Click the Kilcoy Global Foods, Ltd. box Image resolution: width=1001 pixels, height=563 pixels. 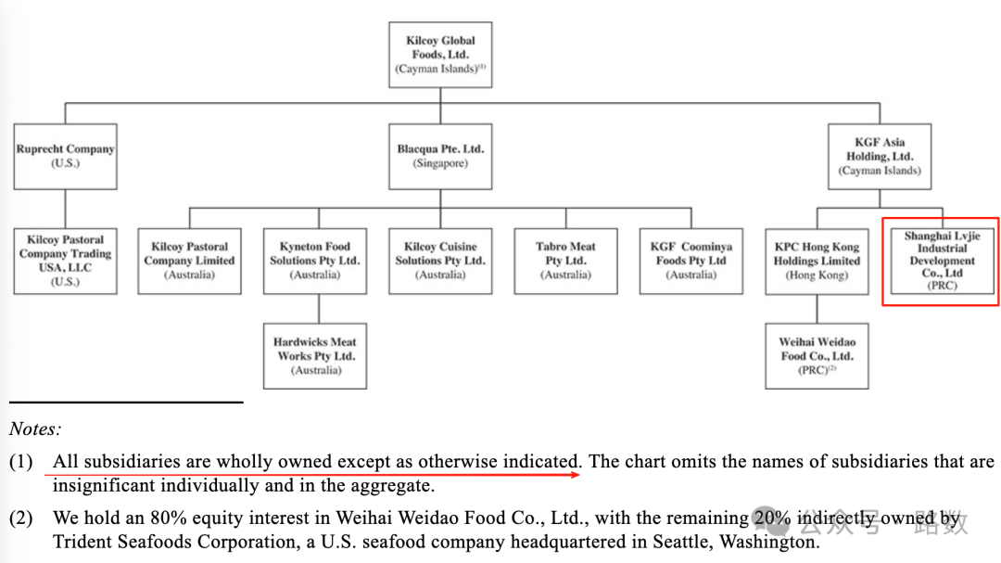[440, 55]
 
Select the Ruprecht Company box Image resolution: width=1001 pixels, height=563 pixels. [65, 156]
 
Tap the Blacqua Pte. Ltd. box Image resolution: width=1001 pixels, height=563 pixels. [440, 156]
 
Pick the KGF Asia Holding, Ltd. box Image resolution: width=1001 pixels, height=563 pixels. [880, 156]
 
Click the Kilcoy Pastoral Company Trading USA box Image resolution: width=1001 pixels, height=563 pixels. [65, 261]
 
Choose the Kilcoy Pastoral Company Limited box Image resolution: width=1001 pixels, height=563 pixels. [189, 261]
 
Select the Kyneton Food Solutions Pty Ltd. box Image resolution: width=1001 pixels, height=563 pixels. [314, 261]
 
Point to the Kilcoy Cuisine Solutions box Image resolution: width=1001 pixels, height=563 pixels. [440, 261]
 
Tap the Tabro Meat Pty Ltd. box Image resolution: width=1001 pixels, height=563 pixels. [565, 261]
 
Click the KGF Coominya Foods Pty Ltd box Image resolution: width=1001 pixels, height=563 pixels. [691, 261]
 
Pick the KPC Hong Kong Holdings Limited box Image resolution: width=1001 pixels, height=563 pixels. [817, 261]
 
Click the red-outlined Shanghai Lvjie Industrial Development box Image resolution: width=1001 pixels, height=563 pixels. [942, 261]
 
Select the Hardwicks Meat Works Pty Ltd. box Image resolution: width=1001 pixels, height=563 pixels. [314, 355]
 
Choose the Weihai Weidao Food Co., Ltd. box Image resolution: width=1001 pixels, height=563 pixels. [817, 355]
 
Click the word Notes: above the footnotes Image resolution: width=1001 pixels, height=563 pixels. [35, 429]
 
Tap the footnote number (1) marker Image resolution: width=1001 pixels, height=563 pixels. [21, 461]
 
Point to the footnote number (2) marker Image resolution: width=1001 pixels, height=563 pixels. [21, 518]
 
